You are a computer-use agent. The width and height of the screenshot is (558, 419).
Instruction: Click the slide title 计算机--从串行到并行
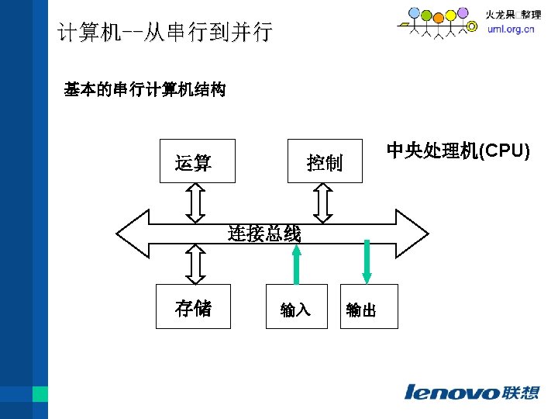[x=164, y=33]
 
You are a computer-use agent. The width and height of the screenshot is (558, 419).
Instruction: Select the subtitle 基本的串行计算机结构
[x=145, y=90]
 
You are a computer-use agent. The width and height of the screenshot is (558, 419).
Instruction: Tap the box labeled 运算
[x=197, y=161]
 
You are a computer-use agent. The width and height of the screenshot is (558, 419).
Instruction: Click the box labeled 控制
[x=325, y=161]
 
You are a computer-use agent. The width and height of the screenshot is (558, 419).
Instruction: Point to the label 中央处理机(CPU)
[x=457, y=151]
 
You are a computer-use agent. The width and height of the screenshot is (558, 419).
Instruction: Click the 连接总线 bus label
[x=264, y=233]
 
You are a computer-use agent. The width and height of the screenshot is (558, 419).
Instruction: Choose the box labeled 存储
[x=193, y=307]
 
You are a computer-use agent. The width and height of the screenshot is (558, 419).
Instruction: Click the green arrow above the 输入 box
[x=297, y=264]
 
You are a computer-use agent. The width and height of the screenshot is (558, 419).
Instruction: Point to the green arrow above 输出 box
[x=367, y=262]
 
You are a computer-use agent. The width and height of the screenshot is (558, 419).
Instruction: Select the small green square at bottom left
[x=40, y=394]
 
